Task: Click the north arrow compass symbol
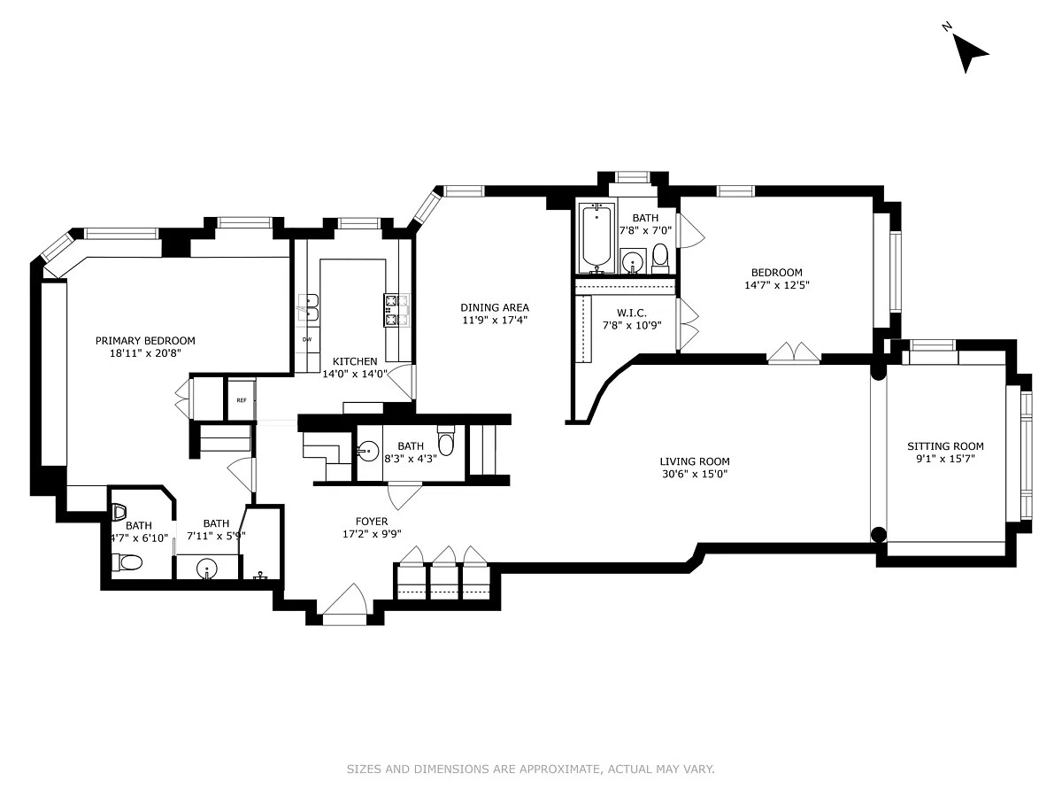971,54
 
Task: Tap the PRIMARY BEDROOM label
145,341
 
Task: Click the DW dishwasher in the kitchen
307,339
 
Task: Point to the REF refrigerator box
241,400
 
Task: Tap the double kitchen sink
309,307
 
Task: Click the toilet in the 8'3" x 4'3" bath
447,440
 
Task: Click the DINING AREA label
495,307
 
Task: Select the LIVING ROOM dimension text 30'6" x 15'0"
694,474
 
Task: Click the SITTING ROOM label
945,446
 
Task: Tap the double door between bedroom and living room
793,353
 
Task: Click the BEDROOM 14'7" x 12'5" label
776,273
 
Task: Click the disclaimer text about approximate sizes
530,770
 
